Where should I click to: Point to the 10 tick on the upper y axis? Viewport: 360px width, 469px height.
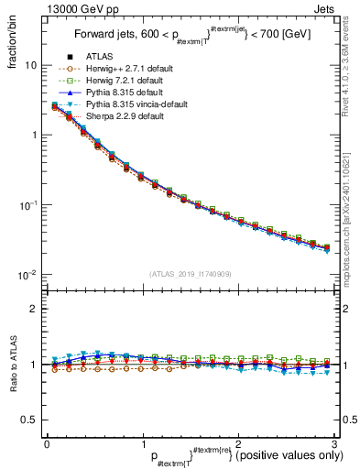(31, 66)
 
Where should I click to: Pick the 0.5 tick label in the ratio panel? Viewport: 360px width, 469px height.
(28, 420)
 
